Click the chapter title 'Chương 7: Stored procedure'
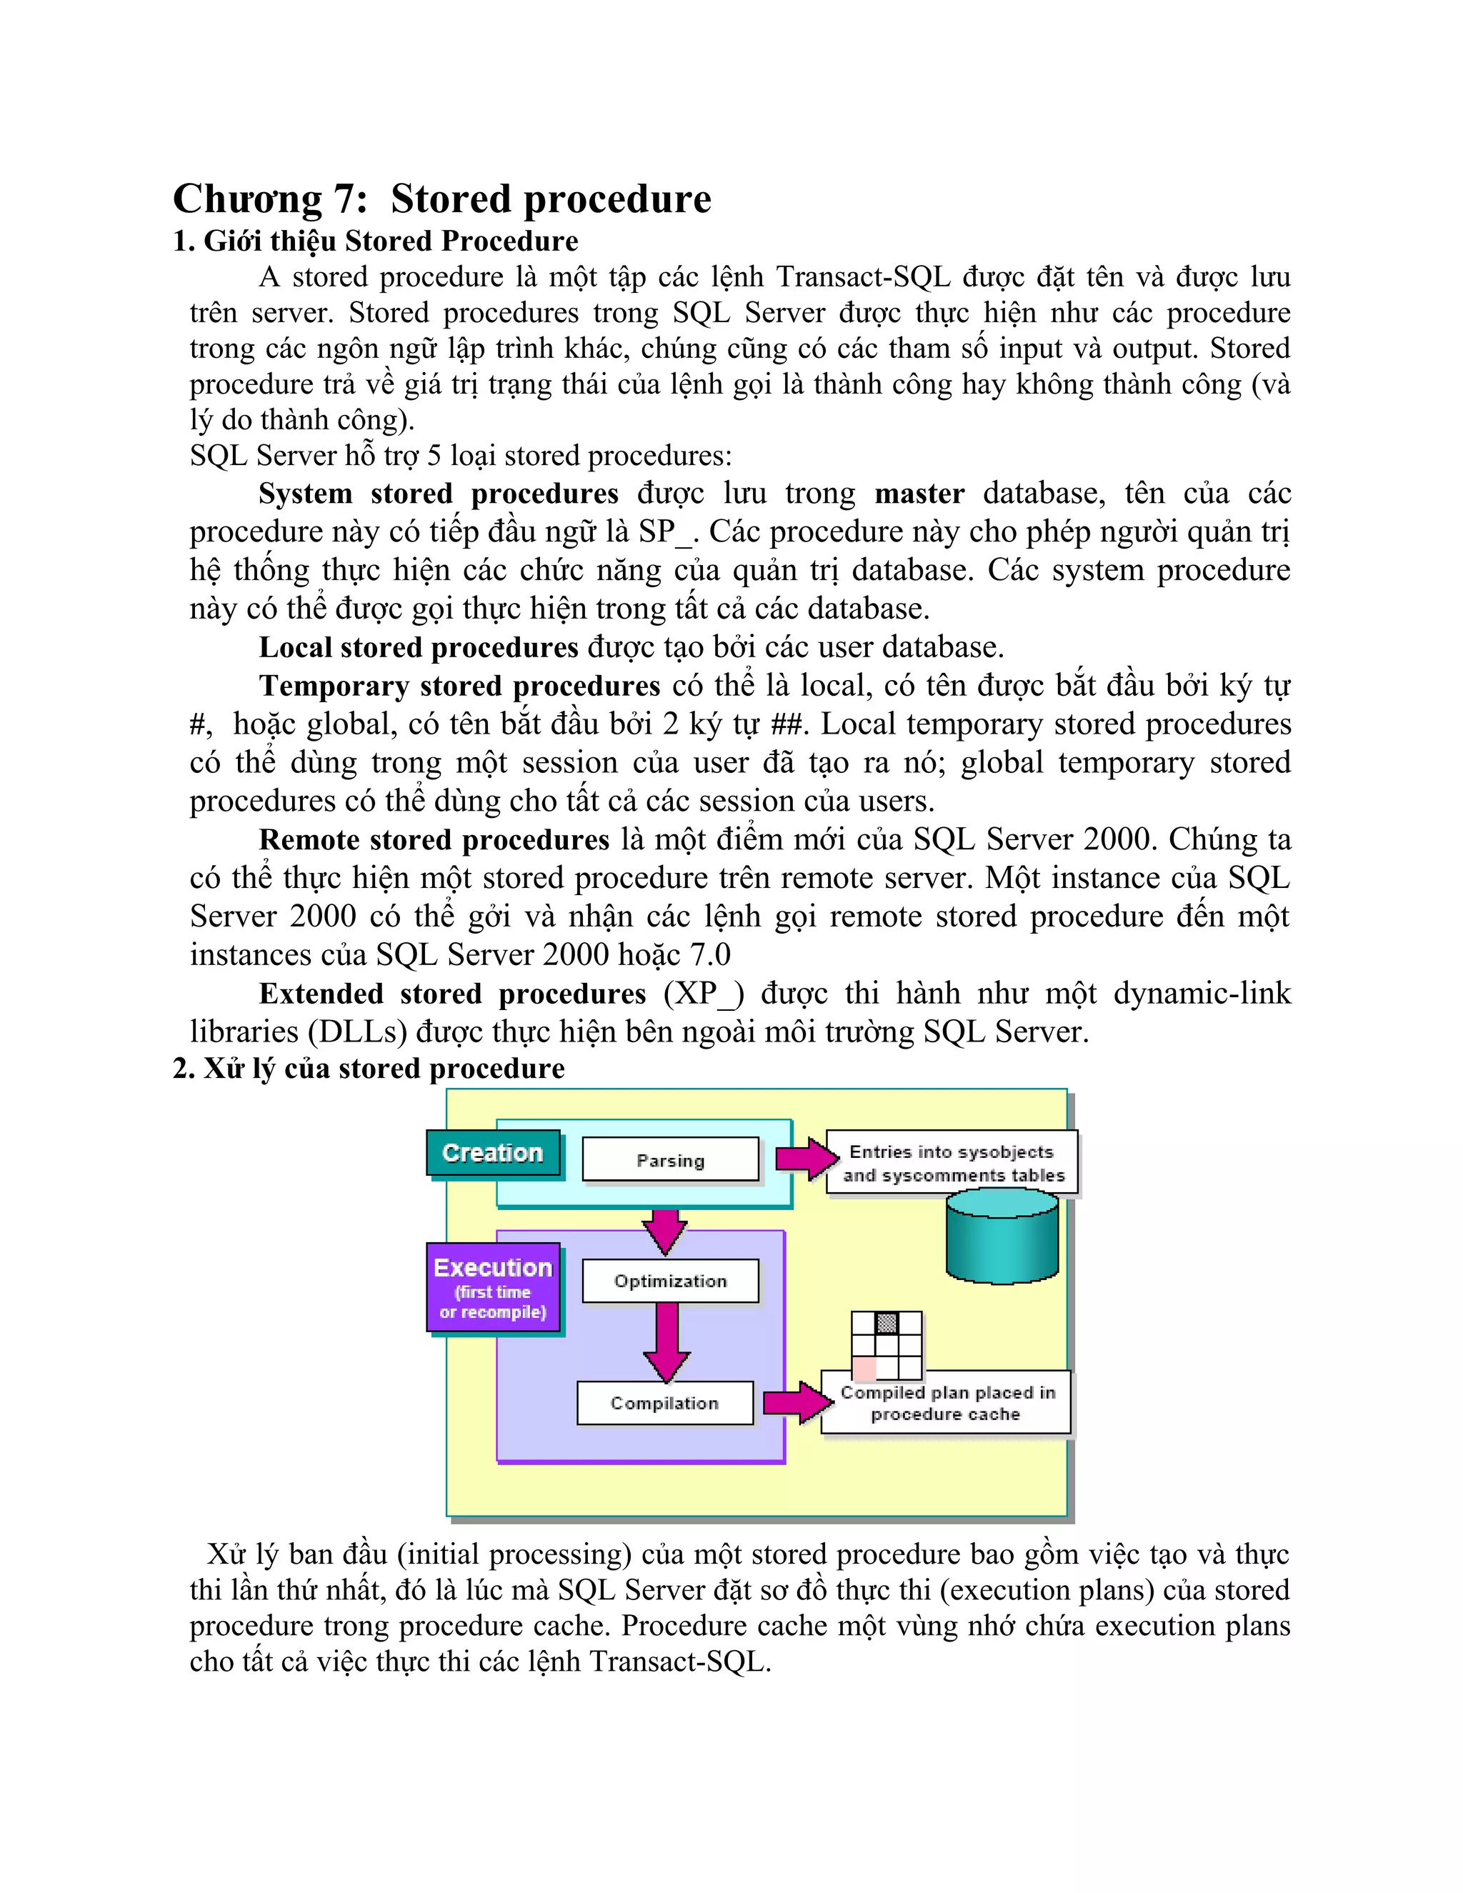[442, 199]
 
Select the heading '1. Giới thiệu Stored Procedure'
[375, 241]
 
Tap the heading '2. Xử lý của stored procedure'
[369, 1069]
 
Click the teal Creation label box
[492, 1153]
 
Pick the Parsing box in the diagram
[670, 1159]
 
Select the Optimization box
[670, 1281]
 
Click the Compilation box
[665, 1402]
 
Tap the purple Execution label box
[493, 1288]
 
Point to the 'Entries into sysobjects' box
[952, 1162]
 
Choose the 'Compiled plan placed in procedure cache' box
[946, 1403]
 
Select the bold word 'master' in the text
[919, 493]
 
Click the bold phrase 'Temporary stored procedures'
[459, 686]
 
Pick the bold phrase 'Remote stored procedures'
[434, 839]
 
